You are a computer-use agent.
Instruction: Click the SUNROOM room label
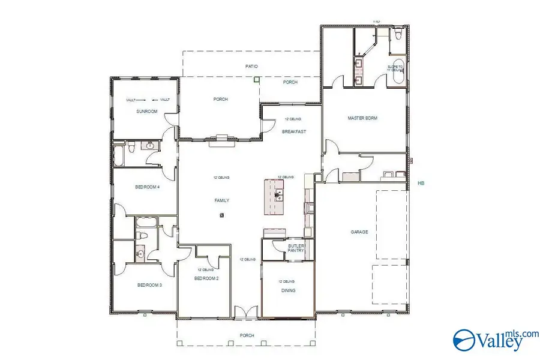click(x=146, y=112)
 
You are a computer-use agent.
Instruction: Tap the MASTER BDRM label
click(x=362, y=118)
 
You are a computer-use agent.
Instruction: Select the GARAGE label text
click(x=359, y=232)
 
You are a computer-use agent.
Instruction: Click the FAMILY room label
click(x=222, y=200)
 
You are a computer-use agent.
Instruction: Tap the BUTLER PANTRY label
click(x=296, y=248)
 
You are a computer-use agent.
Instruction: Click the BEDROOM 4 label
click(x=147, y=187)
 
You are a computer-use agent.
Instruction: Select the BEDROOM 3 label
click(x=149, y=285)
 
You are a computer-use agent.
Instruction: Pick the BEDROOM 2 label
click(x=206, y=278)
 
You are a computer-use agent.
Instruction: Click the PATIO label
click(x=251, y=67)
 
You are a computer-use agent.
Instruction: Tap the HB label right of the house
click(x=421, y=183)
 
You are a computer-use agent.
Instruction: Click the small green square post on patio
click(x=256, y=79)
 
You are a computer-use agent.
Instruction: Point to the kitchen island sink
click(x=278, y=194)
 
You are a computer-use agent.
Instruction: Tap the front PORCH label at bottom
click(x=247, y=335)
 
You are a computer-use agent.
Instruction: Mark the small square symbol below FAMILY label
click(x=222, y=215)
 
